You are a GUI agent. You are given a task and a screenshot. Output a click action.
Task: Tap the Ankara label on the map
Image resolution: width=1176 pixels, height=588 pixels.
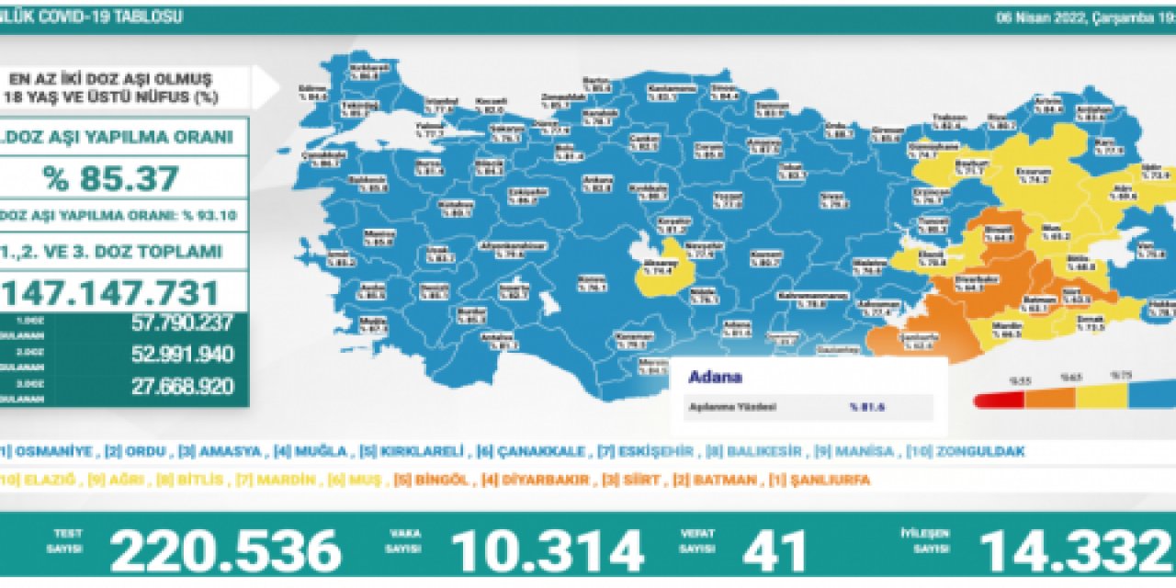point(603,183)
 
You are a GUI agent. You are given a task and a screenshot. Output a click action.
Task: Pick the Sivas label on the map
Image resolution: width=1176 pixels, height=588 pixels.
point(832,199)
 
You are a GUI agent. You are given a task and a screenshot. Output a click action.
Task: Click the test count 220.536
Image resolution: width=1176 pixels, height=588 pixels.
point(225,552)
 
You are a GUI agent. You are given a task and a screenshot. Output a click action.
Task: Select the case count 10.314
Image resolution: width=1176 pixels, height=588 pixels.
point(547,552)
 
